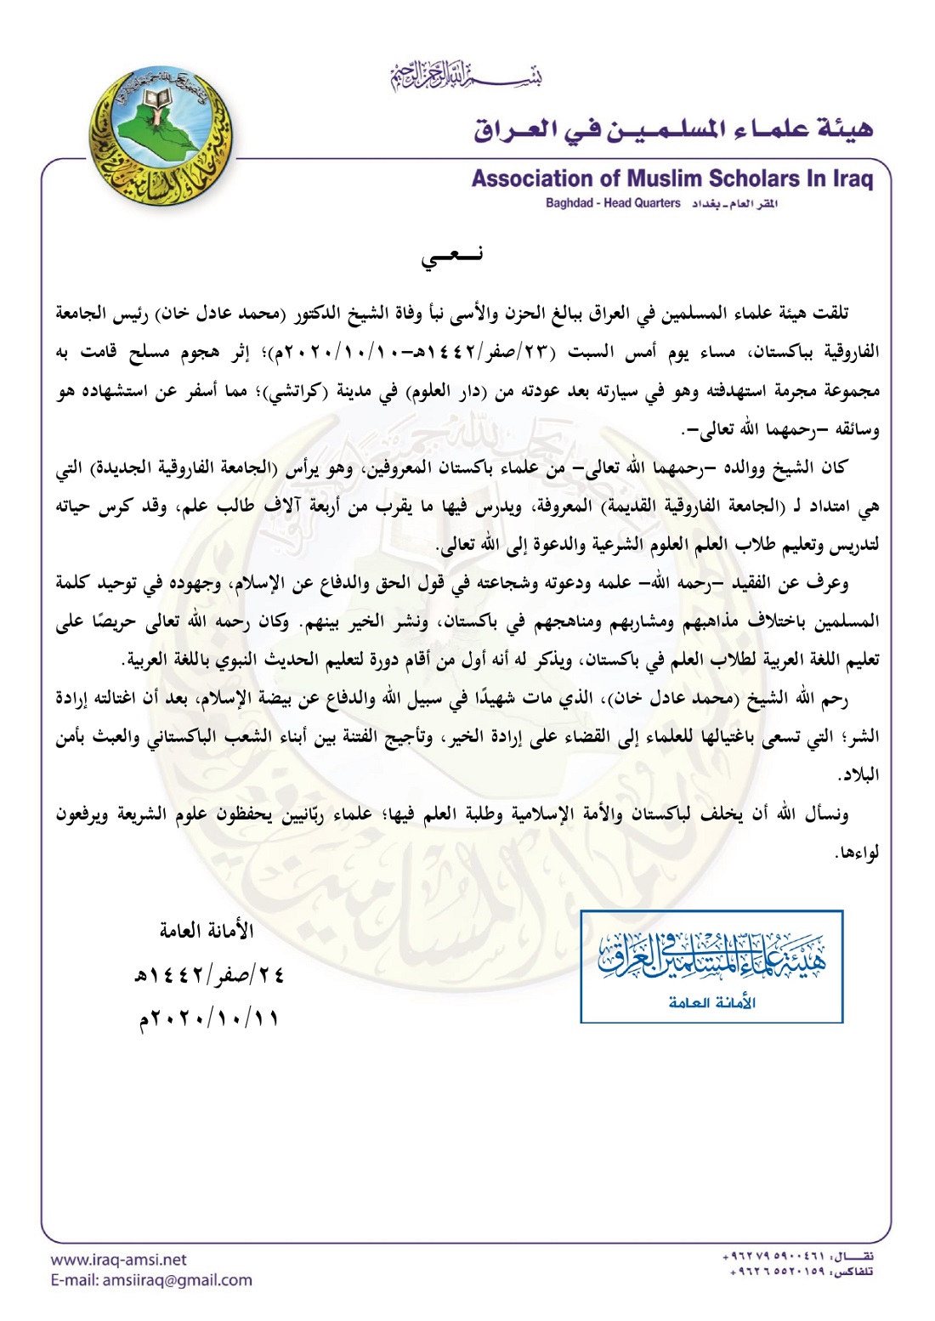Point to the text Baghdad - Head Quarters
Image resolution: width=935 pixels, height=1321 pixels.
(x=613, y=204)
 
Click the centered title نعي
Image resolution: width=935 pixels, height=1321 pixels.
(x=453, y=256)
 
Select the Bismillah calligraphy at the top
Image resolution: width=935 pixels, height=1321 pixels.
(x=465, y=78)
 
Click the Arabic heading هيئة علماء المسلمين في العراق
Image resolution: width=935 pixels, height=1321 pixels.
(x=673, y=130)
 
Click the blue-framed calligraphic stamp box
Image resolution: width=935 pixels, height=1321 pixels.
(x=711, y=966)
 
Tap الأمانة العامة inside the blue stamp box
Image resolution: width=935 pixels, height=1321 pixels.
(x=711, y=1002)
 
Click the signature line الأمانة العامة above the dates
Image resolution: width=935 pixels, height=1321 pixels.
(x=207, y=931)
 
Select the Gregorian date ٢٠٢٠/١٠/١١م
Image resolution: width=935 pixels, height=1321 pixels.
(x=210, y=1018)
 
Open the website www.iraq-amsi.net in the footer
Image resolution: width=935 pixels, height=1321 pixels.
(x=118, y=1260)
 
